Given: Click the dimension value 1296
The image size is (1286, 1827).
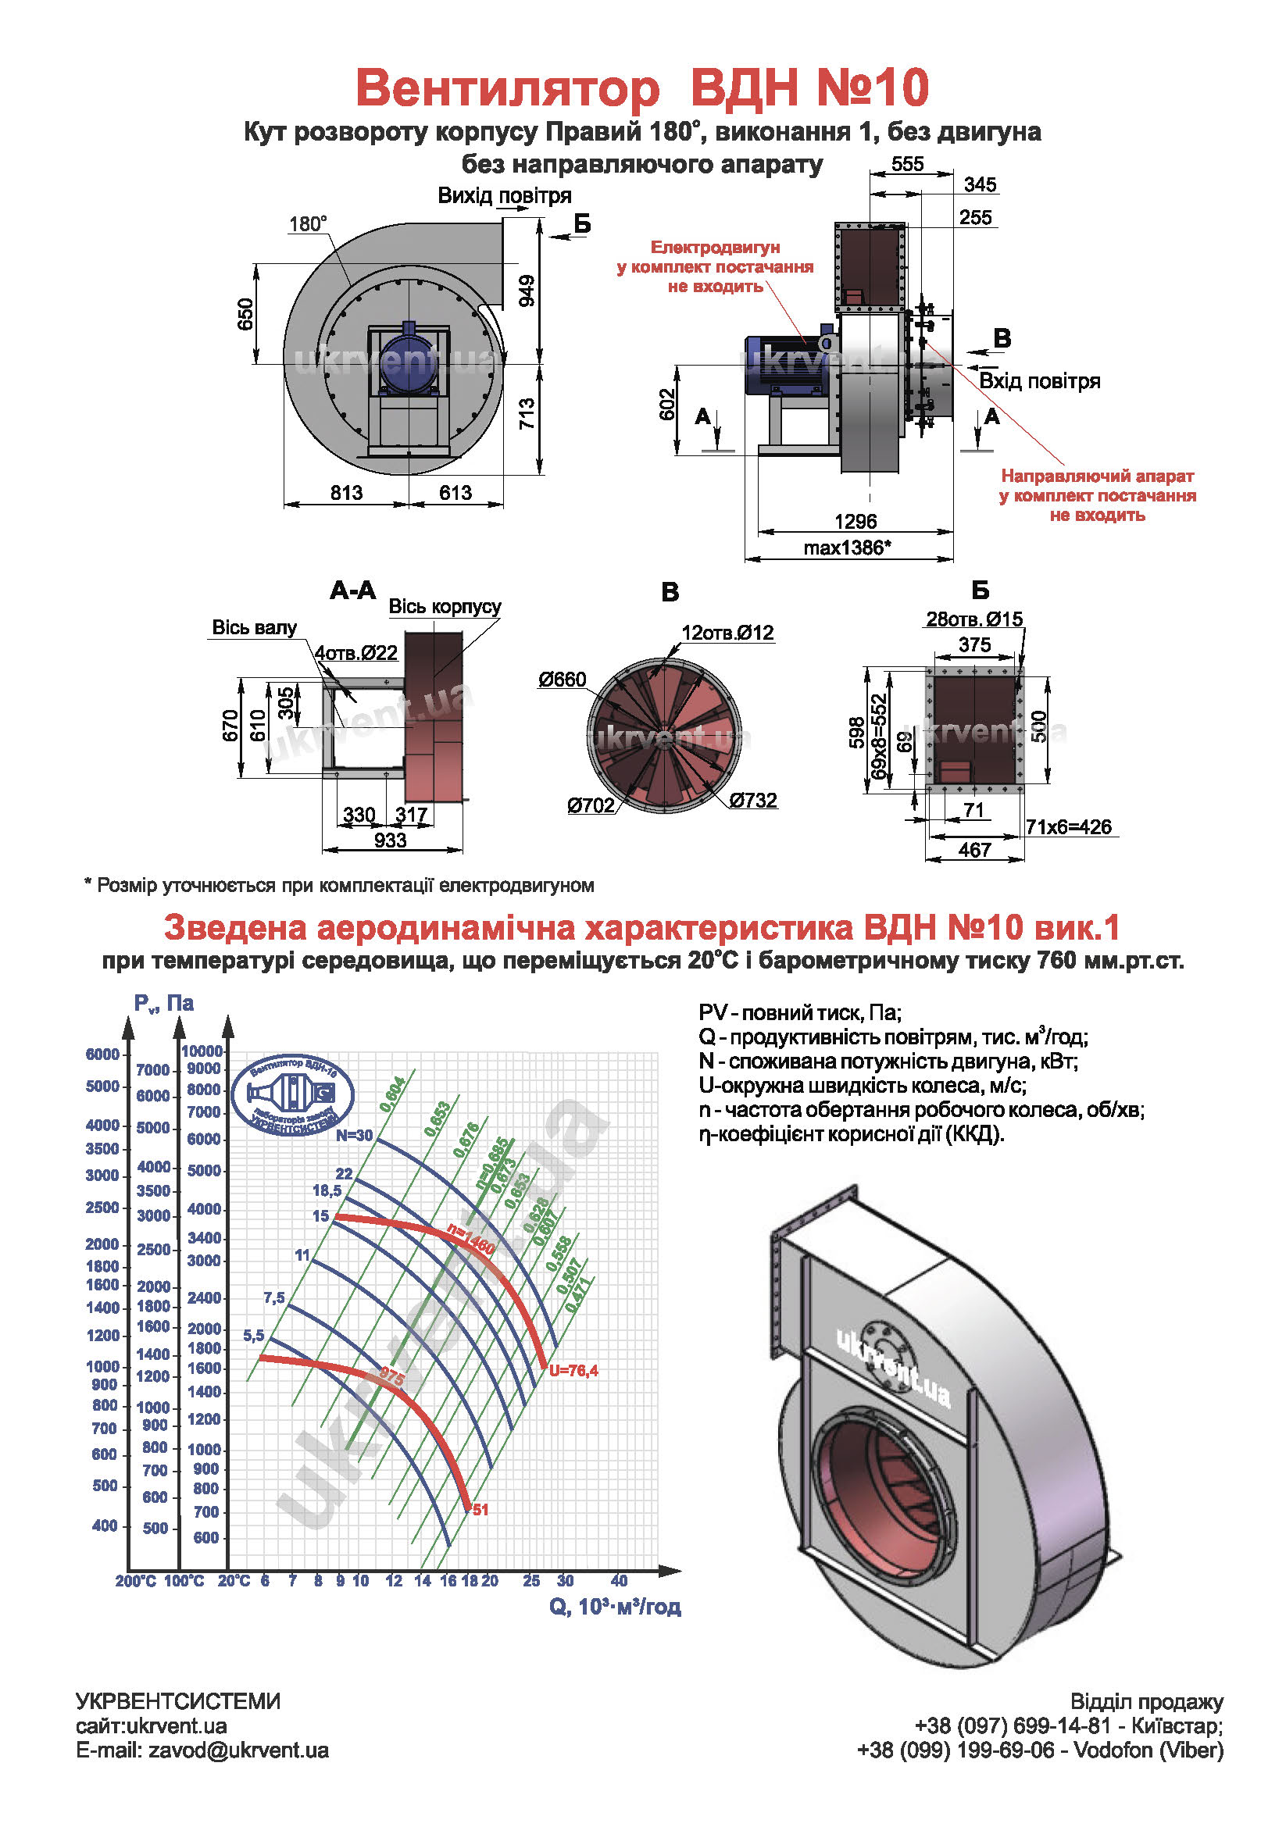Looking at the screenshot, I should (855, 521).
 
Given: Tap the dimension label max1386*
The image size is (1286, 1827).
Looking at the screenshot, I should (847, 548).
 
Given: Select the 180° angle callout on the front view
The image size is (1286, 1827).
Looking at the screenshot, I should (307, 223).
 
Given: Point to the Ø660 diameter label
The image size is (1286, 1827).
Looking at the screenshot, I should (562, 680).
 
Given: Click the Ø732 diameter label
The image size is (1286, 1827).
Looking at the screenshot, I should (753, 800).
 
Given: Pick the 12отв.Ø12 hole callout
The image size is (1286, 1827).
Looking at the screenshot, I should (727, 633).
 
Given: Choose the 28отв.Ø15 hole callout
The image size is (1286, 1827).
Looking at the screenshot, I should (974, 619).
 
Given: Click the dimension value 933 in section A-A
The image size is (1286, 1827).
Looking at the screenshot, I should (390, 840).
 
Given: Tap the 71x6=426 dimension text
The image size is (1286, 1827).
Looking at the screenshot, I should (1068, 826).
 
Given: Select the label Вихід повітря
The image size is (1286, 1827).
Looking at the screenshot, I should (505, 196).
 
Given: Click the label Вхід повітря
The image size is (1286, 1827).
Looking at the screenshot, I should (1039, 381).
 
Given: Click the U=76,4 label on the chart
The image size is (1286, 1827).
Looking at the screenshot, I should (573, 1370).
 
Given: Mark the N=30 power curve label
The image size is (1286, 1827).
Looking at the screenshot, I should (354, 1136).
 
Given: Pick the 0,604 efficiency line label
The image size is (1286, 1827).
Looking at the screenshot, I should (393, 1094).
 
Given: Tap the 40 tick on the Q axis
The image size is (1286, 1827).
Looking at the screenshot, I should (619, 1579).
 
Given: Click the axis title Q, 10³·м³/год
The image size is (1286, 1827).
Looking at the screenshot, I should (614, 1606).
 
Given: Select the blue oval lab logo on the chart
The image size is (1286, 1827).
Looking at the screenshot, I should (292, 1096).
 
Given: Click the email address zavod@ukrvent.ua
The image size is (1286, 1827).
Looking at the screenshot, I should (238, 1750).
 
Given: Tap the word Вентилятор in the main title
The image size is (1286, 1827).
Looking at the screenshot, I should (507, 87).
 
